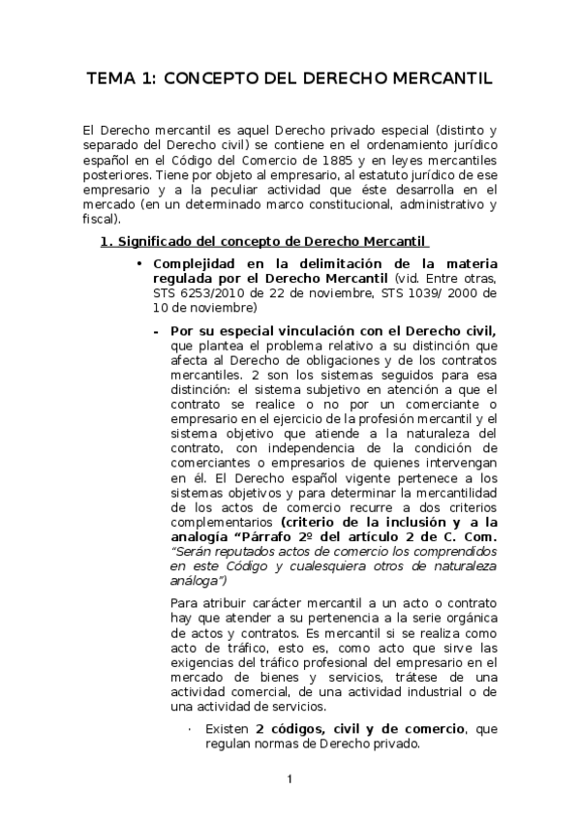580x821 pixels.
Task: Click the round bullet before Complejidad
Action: [140, 265]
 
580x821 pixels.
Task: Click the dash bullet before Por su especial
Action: [155, 329]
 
